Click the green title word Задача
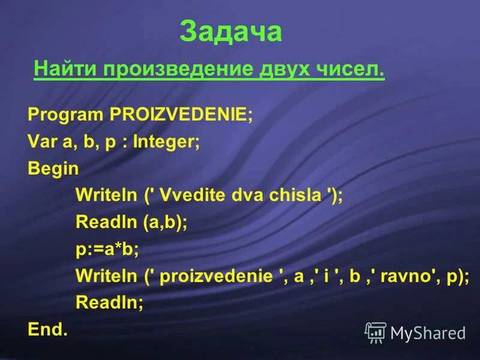(x=230, y=31)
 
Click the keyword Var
(x=39, y=142)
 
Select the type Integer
(x=166, y=142)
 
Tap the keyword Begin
(x=53, y=169)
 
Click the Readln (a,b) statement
(x=131, y=222)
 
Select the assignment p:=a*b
(x=107, y=248)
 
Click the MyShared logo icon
(x=376, y=332)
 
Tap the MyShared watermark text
(x=428, y=332)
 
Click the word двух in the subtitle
(x=283, y=70)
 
